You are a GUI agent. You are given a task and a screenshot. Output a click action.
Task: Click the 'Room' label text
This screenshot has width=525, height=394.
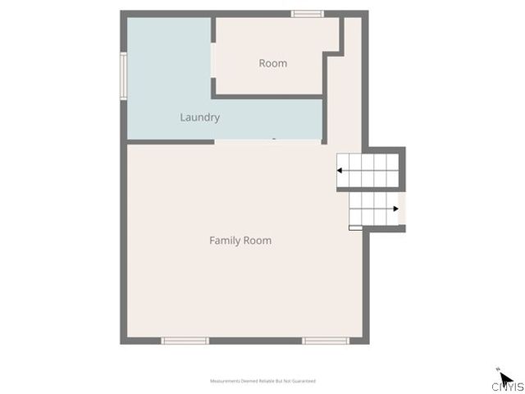tap(273, 63)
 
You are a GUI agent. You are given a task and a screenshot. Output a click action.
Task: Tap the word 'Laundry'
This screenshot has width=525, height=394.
tap(199, 117)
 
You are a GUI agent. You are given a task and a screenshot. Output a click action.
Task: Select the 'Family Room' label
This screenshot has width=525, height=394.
tap(240, 241)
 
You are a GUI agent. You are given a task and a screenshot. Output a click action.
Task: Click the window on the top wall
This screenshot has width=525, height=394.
tap(308, 13)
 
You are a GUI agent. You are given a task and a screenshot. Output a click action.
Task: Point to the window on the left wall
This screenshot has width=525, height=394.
tap(124, 76)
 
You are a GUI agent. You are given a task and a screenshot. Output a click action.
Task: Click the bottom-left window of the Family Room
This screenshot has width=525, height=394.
tap(185, 340)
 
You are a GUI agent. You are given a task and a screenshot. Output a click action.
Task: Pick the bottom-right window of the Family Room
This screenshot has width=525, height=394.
tap(326, 340)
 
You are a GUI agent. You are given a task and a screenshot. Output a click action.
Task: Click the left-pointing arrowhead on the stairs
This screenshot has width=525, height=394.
tap(340, 171)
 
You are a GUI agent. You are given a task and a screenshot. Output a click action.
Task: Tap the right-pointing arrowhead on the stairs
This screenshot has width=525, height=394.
tap(395, 208)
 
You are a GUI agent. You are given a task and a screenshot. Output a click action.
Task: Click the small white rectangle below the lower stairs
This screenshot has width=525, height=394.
tap(354, 228)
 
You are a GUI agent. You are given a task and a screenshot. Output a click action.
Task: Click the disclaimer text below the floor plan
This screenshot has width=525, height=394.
tap(262, 381)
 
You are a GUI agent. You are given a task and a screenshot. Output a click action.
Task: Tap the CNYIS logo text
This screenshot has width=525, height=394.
tap(508, 387)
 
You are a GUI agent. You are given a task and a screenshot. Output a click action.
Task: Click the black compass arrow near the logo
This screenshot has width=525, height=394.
tap(505, 378)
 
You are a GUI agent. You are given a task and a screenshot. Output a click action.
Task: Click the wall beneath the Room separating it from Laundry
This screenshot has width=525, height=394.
tap(267, 96)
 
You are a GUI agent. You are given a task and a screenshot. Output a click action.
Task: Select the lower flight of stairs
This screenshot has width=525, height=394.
tap(373, 208)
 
